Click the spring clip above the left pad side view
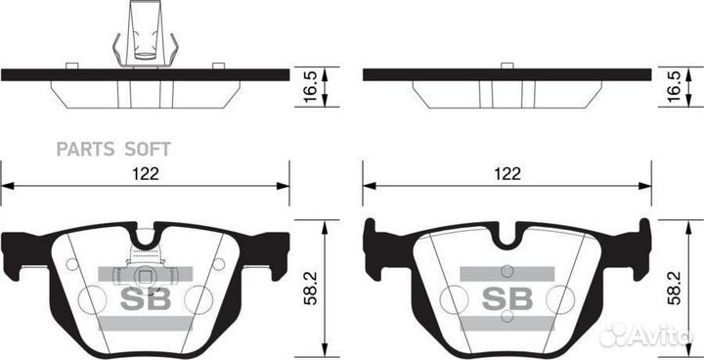click(145, 36)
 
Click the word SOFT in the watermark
click(147, 149)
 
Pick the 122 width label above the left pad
click(146, 172)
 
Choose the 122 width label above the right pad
click(506, 172)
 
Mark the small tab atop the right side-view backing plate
click(506, 66)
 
